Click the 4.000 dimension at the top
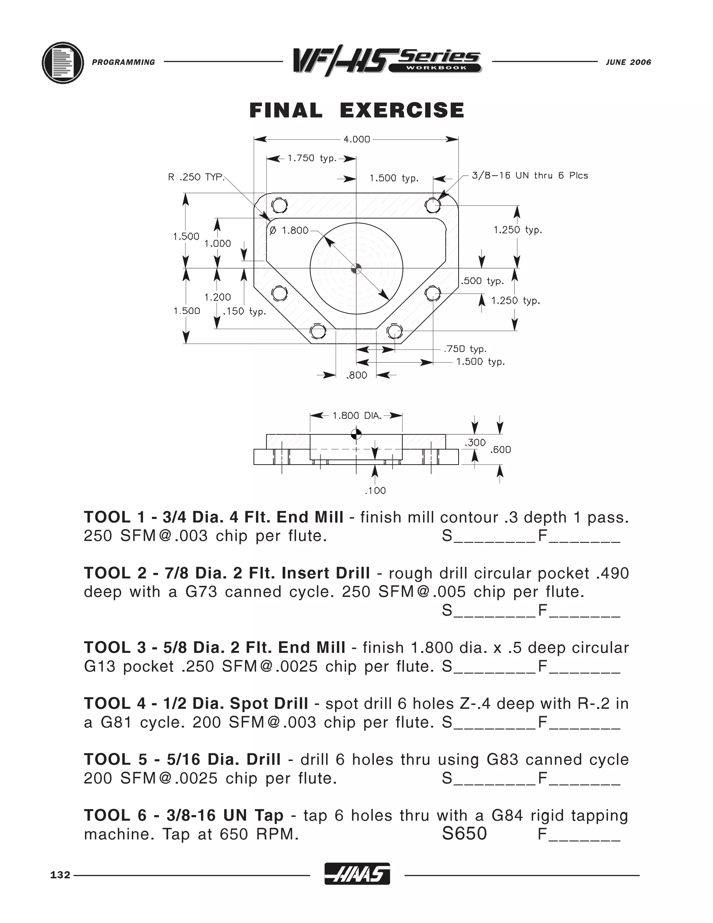point(356,139)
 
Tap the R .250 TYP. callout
point(196,177)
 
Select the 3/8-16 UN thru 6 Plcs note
point(530,176)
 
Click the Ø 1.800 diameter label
point(289,230)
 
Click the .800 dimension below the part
point(356,375)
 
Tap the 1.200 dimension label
point(218,297)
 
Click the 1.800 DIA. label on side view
point(357,416)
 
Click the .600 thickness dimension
point(501,450)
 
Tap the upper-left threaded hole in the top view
point(279,206)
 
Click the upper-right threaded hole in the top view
point(432,206)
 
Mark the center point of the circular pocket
point(356,268)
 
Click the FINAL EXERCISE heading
point(356,111)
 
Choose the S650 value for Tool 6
point(464,834)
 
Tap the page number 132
point(60,875)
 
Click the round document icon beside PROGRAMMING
point(63,63)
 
